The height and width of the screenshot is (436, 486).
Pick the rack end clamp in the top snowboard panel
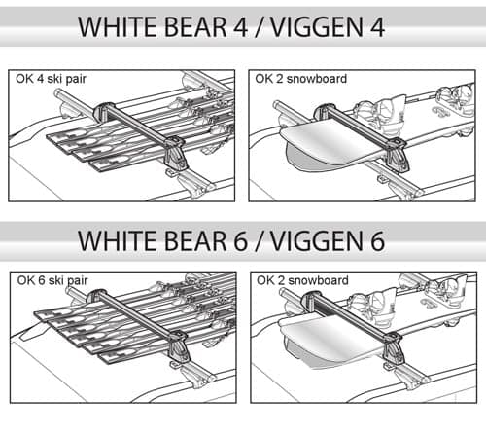pos(399,154)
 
